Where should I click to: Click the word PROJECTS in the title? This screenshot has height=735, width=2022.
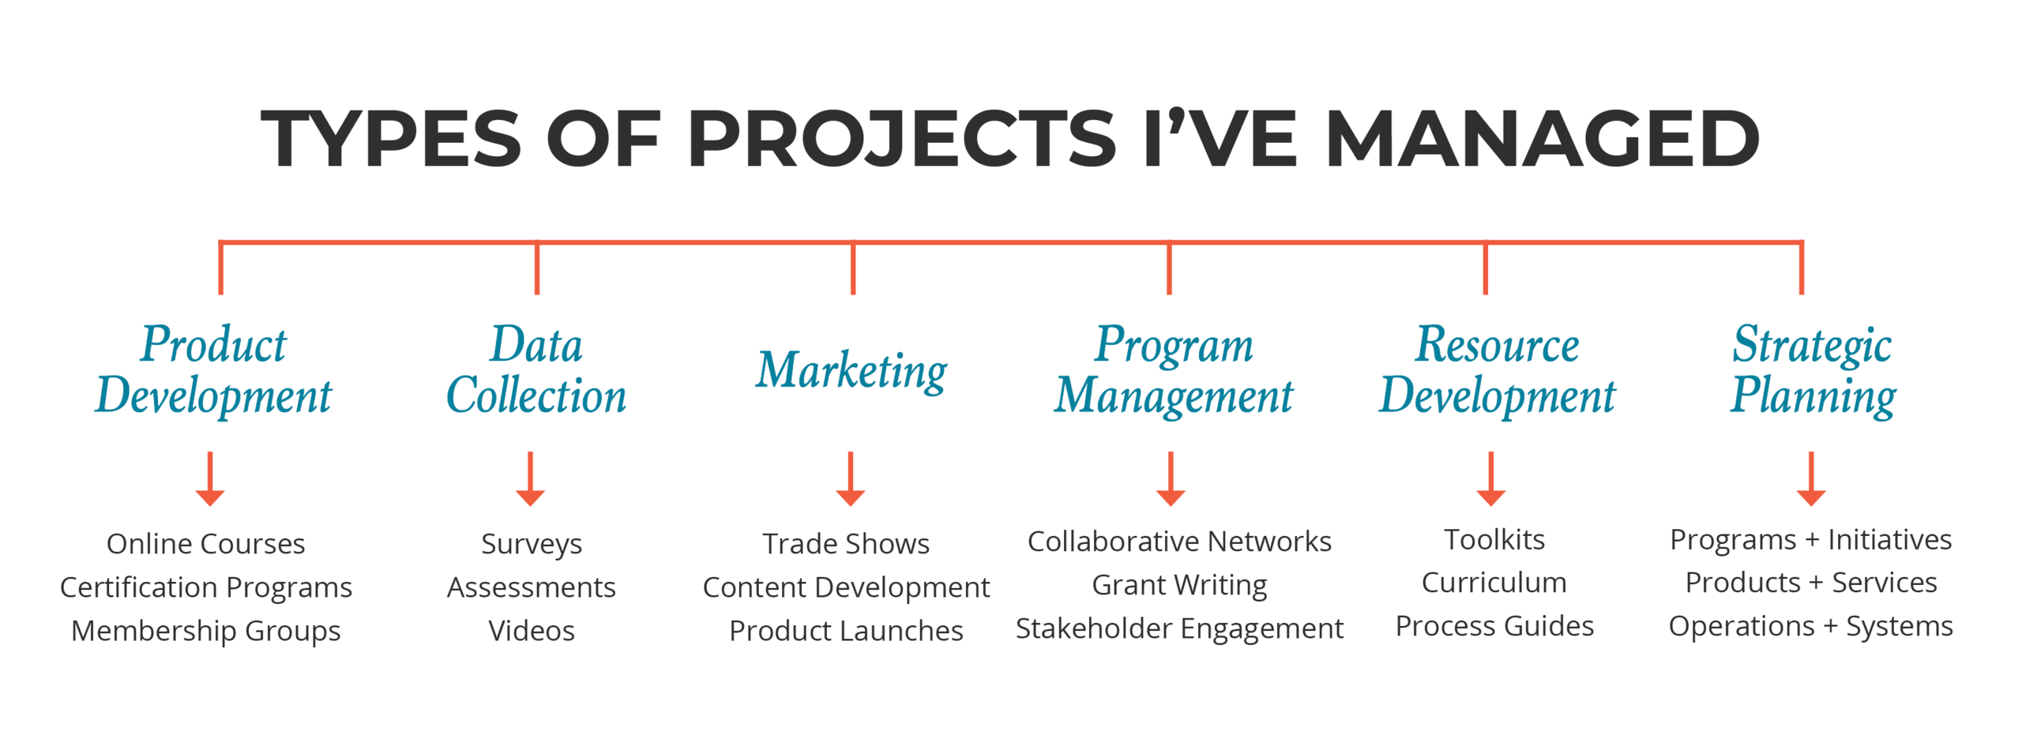(x=901, y=138)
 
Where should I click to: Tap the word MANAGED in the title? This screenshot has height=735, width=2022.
(x=1542, y=138)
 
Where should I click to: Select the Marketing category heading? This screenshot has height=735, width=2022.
(x=851, y=370)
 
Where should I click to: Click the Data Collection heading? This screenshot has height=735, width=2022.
(x=536, y=369)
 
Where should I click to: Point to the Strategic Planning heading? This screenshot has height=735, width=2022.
(x=1812, y=371)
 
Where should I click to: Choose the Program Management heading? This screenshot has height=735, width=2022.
(x=1173, y=371)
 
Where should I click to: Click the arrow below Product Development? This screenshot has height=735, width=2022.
(x=210, y=478)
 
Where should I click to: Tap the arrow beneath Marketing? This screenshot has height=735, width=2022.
(x=850, y=478)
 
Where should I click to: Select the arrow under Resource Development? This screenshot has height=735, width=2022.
(x=1490, y=478)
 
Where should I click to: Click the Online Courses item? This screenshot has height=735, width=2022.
(x=205, y=543)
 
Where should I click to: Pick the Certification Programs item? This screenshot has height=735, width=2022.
(x=205, y=587)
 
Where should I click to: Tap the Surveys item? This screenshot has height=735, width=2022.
(x=531, y=544)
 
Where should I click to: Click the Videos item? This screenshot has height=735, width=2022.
(x=531, y=630)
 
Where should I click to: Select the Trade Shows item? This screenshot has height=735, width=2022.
(x=845, y=543)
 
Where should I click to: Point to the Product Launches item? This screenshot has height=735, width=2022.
(x=845, y=630)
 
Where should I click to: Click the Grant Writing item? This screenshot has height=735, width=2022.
(x=1178, y=585)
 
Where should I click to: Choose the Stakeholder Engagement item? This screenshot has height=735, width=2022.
(x=1178, y=628)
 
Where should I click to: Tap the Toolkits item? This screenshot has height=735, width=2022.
(x=1494, y=539)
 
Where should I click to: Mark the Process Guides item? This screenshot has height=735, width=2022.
(x=1494, y=626)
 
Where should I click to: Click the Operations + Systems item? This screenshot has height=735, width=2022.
(x=1810, y=626)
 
